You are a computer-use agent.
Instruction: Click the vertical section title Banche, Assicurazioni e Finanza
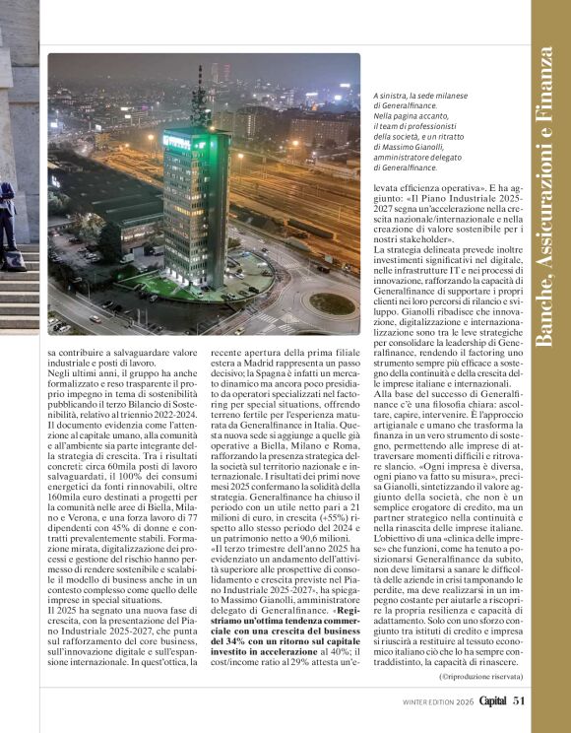click(549, 197)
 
